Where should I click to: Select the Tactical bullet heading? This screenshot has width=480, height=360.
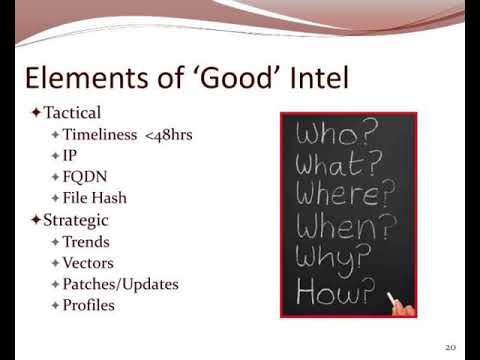72,113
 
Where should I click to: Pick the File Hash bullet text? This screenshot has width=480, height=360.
94,198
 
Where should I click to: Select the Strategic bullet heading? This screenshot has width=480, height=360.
75,219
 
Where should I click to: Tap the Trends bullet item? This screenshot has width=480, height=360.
86,241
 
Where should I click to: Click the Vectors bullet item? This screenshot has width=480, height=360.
88,262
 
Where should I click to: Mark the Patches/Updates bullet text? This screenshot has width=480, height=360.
120,284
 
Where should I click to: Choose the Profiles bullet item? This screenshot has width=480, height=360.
88,305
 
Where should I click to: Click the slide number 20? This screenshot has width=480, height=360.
450,346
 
